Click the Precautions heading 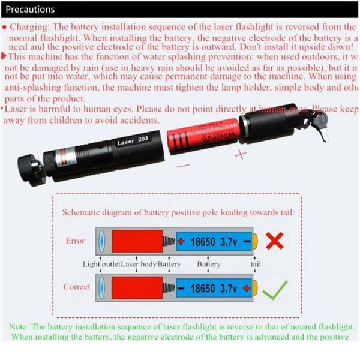(x=30, y=9)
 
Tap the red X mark (x=275, y=241)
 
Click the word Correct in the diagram (x=77, y=287)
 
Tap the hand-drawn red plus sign (x=241, y=155)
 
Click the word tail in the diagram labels (x=256, y=265)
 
